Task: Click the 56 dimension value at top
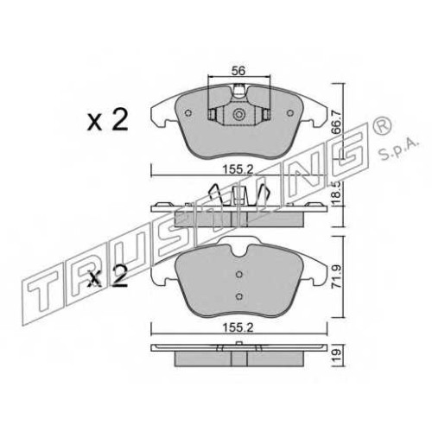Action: (x=239, y=71)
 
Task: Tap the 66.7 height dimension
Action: (x=336, y=123)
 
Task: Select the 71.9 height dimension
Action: (x=336, y=276)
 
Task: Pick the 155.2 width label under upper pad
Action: (x=238, y=169)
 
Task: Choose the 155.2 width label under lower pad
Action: (x=238, y=327)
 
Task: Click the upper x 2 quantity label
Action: (x=108, y=121)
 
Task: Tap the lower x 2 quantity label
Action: (x=108, y=276)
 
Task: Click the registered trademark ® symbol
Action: (x=382, y=126)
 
